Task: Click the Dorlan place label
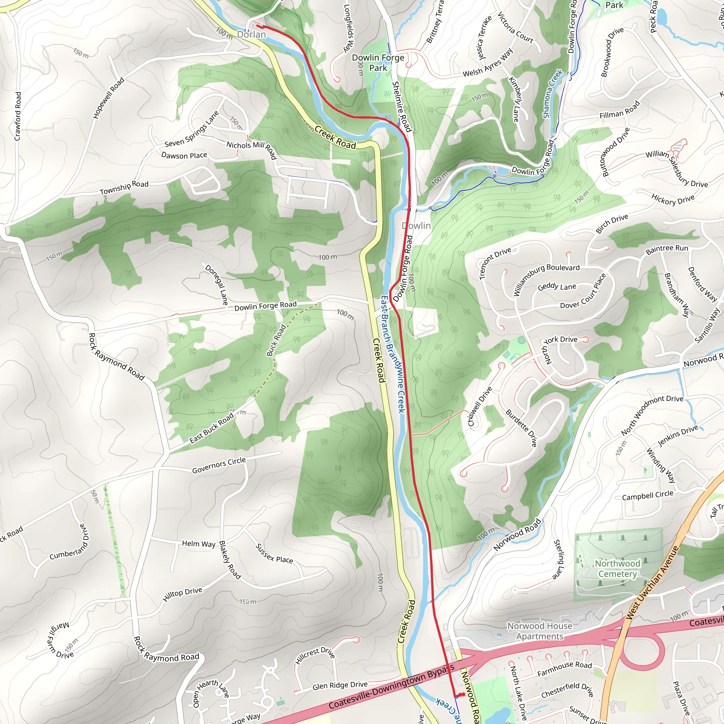tap(251, 35)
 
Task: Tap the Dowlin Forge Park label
tap(378, 63)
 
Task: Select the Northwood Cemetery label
tap(618, 568)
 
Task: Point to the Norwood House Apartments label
tap(539, 631)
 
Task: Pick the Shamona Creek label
tap(553, 94)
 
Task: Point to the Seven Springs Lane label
tap(192, 130)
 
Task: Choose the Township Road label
tap(124, 187)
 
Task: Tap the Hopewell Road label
tap(108, 98)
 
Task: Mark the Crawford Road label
tap(17, 116)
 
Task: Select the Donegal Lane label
tap(216, 285)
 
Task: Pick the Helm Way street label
tap(199, 543)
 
